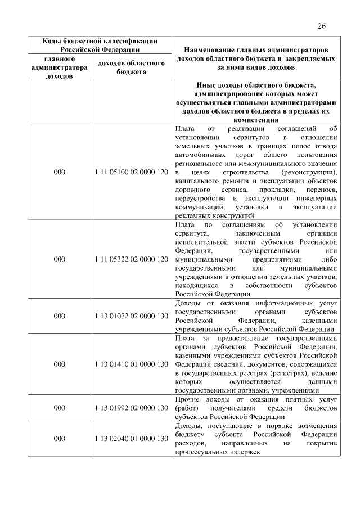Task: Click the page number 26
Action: pos(322,26)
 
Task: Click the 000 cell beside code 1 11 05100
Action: pos(59,172)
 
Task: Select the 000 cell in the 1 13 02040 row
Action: pos(59,438)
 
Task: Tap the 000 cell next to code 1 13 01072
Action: pos(59,317)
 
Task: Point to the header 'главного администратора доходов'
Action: pos(59,67)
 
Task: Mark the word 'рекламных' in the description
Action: pos(192,215)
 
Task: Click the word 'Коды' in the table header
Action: pos(54,41)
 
